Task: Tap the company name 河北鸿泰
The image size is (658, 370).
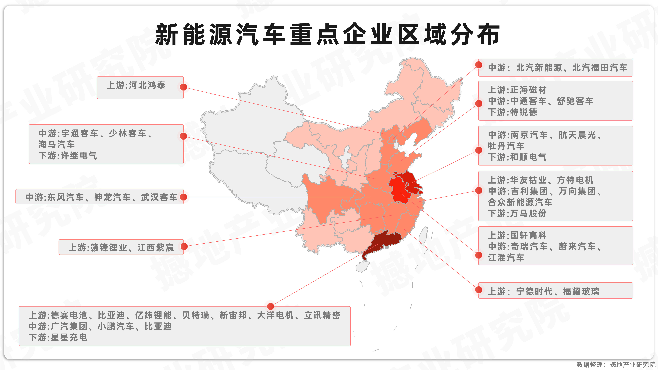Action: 147,85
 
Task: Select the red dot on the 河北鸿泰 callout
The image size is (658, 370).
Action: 183,87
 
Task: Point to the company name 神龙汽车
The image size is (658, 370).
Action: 112,197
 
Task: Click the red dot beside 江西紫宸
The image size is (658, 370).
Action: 184,247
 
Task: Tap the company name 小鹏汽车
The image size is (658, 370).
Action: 116,326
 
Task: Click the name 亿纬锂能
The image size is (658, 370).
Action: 153,315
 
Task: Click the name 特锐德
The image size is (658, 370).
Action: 524,112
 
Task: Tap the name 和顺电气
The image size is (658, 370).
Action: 528,157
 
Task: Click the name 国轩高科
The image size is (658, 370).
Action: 528,235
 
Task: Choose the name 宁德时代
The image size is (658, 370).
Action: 534,291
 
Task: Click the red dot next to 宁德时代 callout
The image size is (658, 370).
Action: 479,290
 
